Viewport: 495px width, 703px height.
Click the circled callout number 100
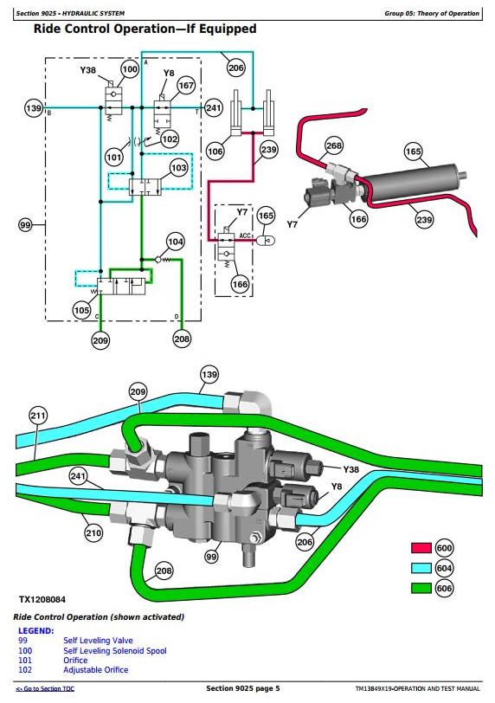130,69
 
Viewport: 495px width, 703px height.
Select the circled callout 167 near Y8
186,85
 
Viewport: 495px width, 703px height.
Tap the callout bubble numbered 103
179,168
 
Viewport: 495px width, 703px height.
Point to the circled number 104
175,242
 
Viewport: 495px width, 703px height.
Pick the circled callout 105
81,310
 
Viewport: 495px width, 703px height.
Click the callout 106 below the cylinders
215,152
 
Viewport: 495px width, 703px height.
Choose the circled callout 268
334,145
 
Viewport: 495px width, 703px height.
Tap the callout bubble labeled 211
38,416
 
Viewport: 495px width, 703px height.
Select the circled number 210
93,532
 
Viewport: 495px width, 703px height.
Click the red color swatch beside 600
421,548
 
